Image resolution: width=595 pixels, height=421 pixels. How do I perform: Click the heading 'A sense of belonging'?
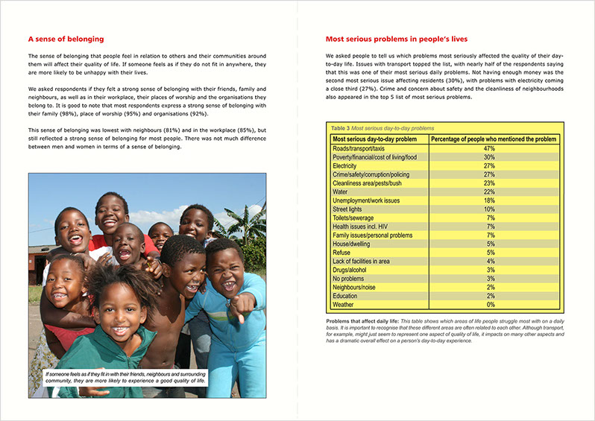coord(66,39)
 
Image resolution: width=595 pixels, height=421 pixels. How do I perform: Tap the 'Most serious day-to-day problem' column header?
coord(374,139)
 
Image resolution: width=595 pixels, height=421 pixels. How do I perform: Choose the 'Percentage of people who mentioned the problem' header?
coord(493,139)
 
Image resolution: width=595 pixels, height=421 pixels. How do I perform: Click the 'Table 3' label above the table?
coord(339,129)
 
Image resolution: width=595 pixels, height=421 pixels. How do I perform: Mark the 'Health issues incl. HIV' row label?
coord(365,227)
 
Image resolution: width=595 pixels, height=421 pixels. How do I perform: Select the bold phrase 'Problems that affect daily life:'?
coord(361,320)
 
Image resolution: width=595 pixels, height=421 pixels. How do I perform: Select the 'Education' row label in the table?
coord(347,295)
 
